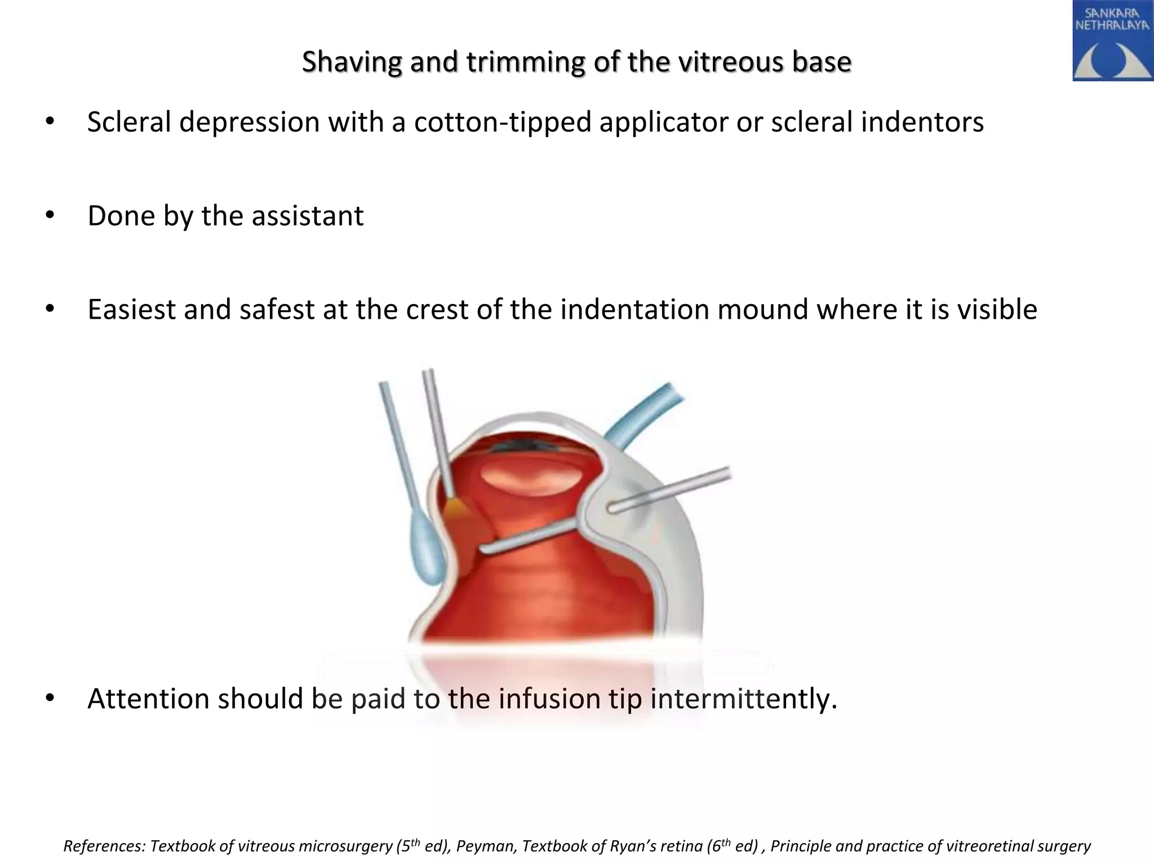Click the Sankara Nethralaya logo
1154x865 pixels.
click(1112, 41)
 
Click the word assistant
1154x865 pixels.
click(307, 216)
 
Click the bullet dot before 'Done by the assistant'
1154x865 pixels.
click(50, 216)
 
